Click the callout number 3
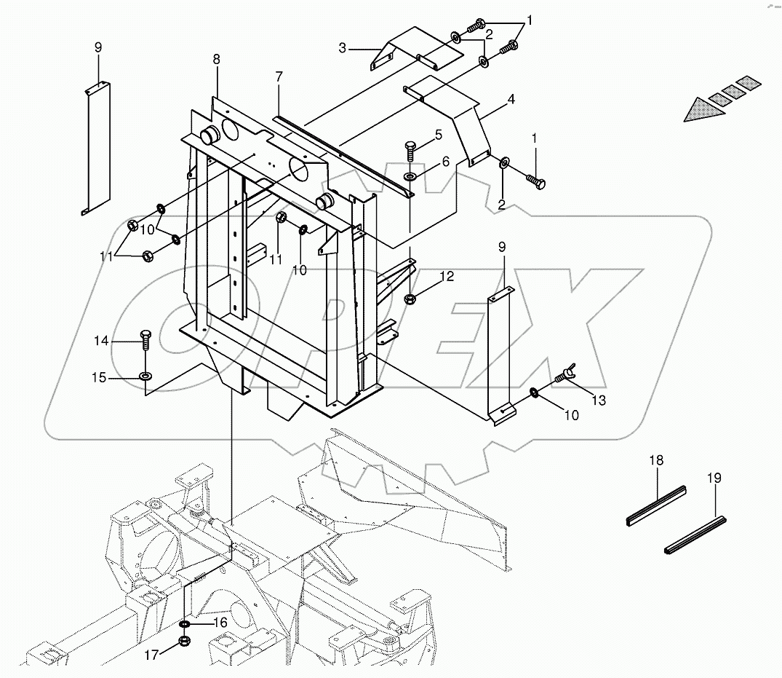[x=342, y=49]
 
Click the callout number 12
[x=447, y=276]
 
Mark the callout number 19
[x=714, y=478]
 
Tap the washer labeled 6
[x=410, y=177]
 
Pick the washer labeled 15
[x=145, y=377]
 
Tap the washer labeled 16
[x=185, y=624]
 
